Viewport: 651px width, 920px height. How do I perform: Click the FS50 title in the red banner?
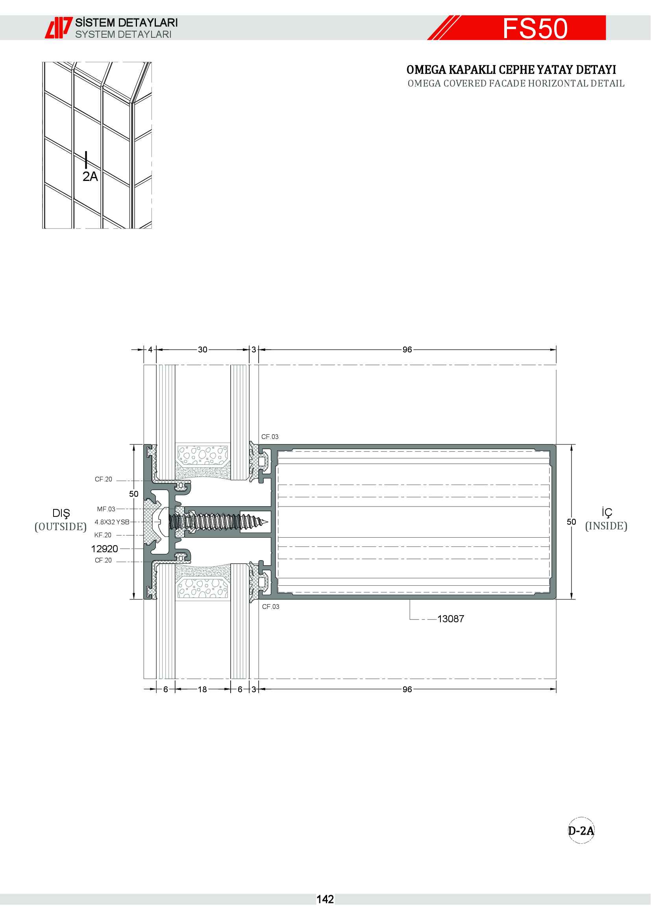tap(535, 28)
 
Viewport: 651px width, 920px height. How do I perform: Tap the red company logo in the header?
tap(59, 28)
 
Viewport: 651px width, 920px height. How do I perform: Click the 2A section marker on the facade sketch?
tap(90, 176)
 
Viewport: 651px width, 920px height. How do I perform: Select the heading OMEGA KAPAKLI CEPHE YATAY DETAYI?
tap(511, 70)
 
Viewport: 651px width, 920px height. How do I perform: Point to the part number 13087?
tap(451, 619)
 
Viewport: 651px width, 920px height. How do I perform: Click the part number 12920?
tap(105, 549)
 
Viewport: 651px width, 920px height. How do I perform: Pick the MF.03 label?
tap(106, 509)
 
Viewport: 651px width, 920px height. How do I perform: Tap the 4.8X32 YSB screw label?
tap(112, 522)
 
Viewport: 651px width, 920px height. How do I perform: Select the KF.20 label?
tap(103, 535)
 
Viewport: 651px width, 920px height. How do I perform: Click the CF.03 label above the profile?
tap(270, 437)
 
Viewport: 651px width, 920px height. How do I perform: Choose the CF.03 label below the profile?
tap(270, 607)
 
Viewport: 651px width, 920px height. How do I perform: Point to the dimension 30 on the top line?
tap(202, 350)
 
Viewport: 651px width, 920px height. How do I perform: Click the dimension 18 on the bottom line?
tap(202, 690)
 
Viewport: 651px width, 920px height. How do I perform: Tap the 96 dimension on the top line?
tap(407, 350)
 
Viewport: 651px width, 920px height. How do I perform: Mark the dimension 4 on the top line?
tap(150, 350)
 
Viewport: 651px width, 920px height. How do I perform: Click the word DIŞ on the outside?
tap(61, 514)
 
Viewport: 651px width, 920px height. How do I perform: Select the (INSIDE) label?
tap(606, 526)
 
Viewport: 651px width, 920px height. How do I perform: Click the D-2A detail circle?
tap(581, 830)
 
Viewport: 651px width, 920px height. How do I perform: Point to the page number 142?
tap(325, 899)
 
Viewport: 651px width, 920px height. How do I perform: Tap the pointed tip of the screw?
tap(268, 522)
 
